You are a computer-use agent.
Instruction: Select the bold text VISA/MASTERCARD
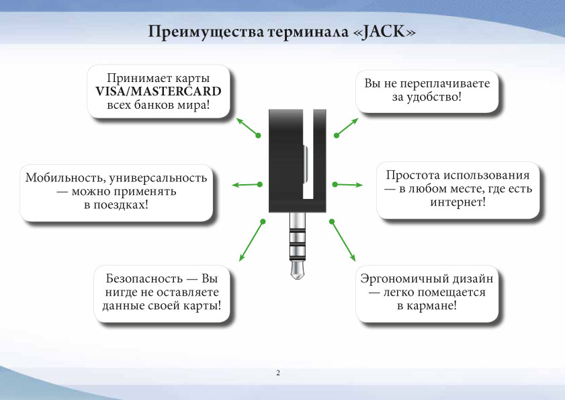(158, 91)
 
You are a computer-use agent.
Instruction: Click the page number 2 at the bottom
(278, 373)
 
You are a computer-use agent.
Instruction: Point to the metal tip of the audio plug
(298, 270)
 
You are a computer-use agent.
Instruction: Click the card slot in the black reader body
(308, 155)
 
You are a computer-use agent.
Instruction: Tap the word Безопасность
(144, 278)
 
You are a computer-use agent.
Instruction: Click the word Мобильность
(65, 178)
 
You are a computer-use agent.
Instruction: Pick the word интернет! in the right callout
(458, 202)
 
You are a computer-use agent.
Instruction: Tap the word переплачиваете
(445, 83)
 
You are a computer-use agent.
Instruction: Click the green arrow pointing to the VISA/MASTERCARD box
(247, 126)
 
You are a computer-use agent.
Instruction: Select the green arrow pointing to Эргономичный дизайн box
(343, 241)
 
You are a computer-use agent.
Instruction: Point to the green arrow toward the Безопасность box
(252, 241)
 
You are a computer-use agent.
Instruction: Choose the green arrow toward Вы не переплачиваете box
(346, 127)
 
